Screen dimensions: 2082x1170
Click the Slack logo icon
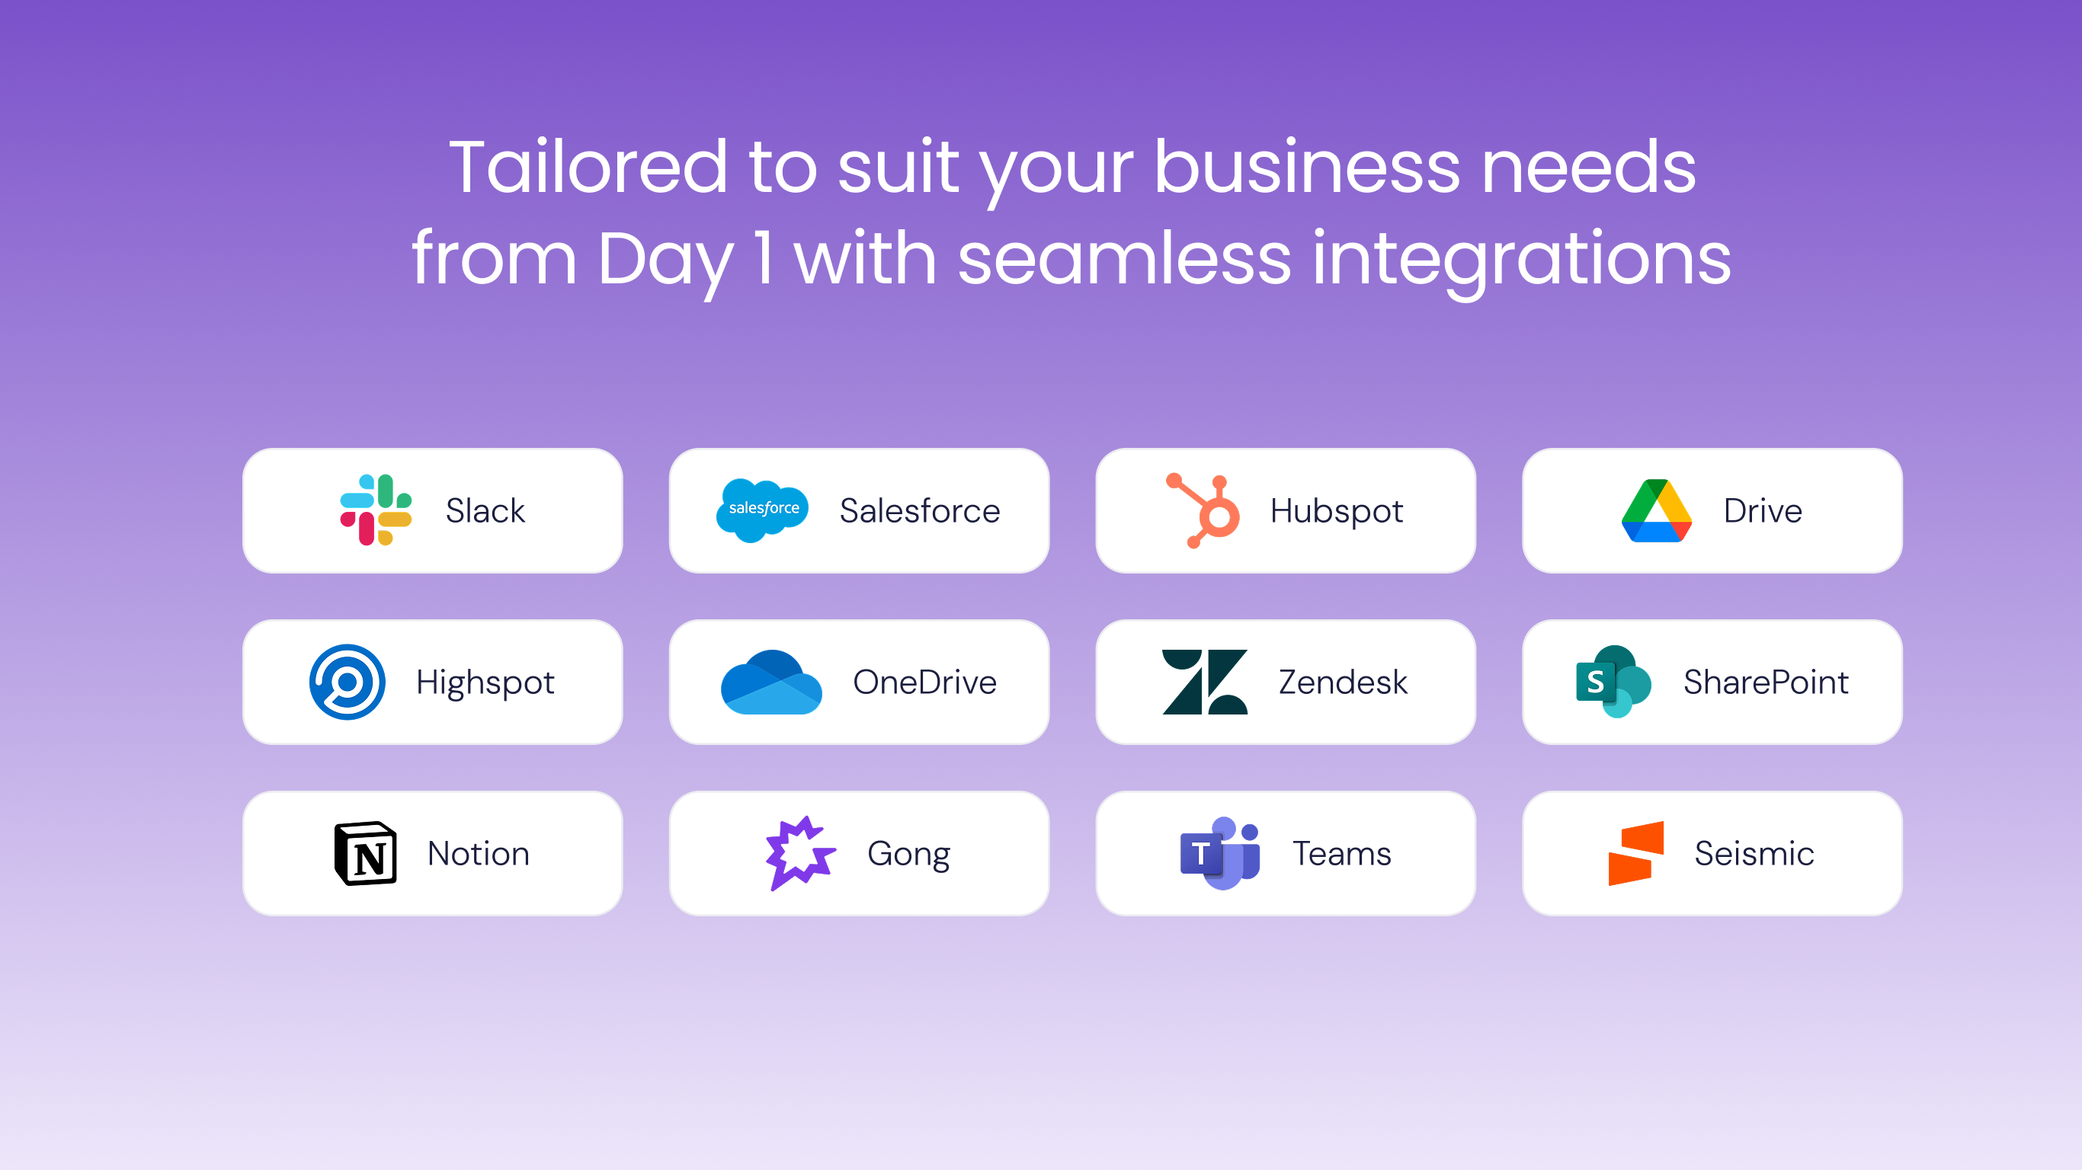[376, 510]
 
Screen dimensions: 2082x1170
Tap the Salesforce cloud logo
[762, 510]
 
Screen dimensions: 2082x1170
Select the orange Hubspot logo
[1203, 510]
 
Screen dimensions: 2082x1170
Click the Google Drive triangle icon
[1656, 510]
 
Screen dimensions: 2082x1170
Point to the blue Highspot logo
[347, 681]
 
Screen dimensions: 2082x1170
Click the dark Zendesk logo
[1204, 681]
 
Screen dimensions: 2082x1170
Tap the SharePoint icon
[1613, 681]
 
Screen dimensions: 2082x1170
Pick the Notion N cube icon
[365, 853]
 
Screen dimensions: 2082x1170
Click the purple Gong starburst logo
[799, 853]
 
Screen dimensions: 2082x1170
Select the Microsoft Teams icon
[1219, 853]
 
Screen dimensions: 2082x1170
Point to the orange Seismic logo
[1636, 853]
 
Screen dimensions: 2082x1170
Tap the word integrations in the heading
[1521, 258]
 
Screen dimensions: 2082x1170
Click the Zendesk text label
[1343, 682]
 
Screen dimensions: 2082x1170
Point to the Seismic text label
[1754, 854]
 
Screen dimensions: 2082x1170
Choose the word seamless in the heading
[1124, 258]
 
